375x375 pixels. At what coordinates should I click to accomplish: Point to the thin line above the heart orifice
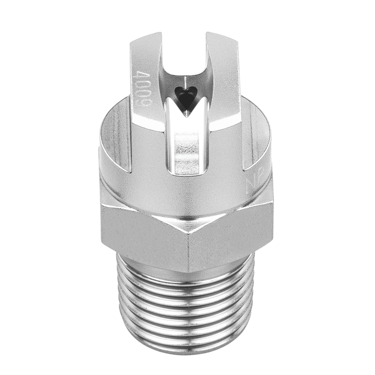(186, 82)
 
